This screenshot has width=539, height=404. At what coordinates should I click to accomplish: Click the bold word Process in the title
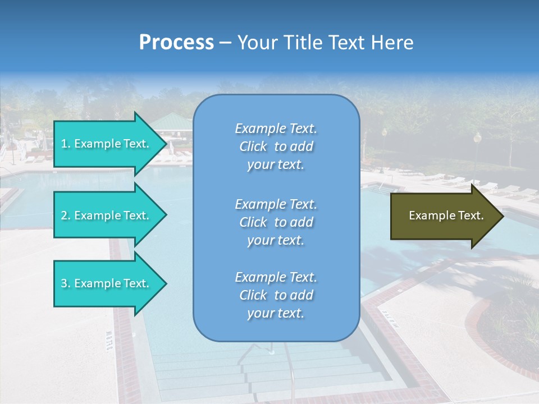[x=176, y=43]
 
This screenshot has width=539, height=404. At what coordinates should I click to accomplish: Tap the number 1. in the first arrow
[x=66, y=144]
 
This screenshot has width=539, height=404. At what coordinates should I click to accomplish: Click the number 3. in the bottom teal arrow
[x=66, y=283]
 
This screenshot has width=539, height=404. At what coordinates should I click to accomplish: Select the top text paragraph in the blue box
[x=276, y=146]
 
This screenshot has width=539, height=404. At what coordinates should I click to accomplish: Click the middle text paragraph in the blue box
[x=276, y=222]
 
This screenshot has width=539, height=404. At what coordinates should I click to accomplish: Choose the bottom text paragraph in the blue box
[x=276, y=295]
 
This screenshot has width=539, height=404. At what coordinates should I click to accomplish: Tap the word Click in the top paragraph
[x=253, y=146]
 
